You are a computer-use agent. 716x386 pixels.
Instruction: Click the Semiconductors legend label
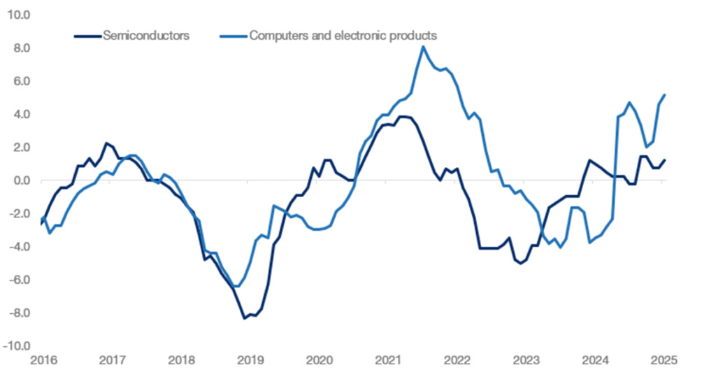(145, 34)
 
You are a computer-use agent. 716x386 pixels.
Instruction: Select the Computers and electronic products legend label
(343, 34)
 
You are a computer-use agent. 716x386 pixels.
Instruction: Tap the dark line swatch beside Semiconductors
(87, 34)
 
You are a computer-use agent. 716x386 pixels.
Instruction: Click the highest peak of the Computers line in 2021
(424, 47)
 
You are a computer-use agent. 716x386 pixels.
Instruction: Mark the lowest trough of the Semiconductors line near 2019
(245, 319)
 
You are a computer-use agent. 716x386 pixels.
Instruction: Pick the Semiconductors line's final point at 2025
(664, 160)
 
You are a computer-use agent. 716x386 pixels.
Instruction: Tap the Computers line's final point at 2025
(664, 95)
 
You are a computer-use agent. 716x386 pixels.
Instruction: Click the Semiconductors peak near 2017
(106, 143)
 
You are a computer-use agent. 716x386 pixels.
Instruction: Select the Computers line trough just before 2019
(237, 287)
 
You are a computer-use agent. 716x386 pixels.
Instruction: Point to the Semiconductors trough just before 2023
(520, 264)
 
